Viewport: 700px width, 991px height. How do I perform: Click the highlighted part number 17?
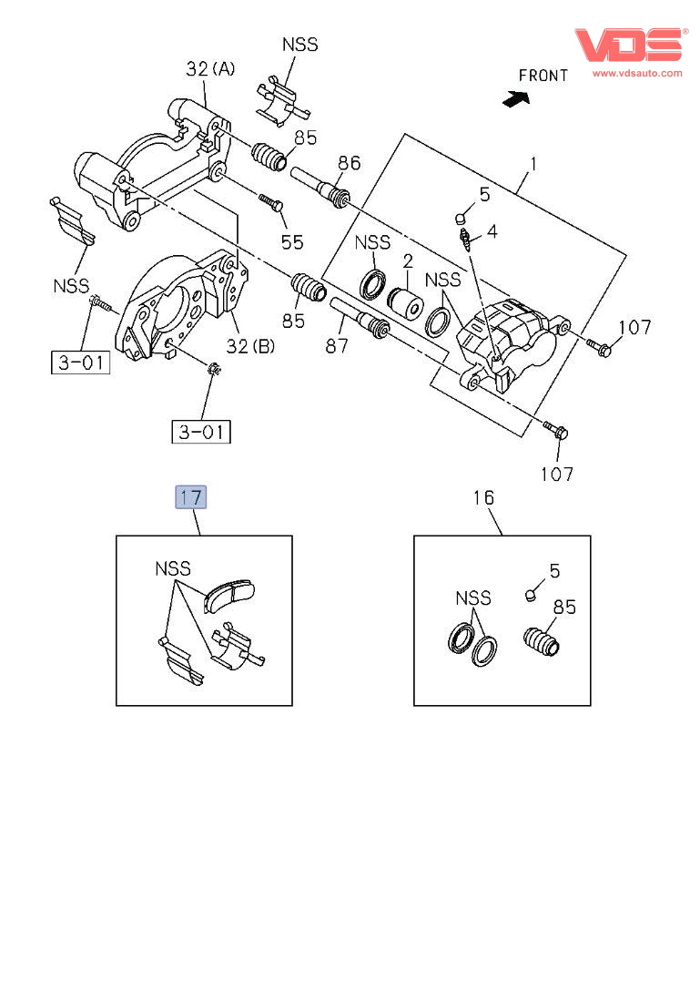(191, 496)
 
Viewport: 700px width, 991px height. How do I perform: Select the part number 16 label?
(482, 497)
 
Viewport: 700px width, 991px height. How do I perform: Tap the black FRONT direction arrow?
(516, 97)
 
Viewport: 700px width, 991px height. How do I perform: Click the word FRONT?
(543, 76)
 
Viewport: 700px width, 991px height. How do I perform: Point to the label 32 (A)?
(210, 67)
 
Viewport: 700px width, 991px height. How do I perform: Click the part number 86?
(350, 163)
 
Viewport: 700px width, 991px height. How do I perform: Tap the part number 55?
(291, 241)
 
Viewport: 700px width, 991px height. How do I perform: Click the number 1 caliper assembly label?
(534, 165)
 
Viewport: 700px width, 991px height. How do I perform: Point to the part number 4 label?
(492, 231)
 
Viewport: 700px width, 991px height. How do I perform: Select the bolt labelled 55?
(270, 203)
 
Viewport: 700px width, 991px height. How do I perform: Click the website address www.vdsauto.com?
(637, 72)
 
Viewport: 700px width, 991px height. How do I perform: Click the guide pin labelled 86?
(320, 185)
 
